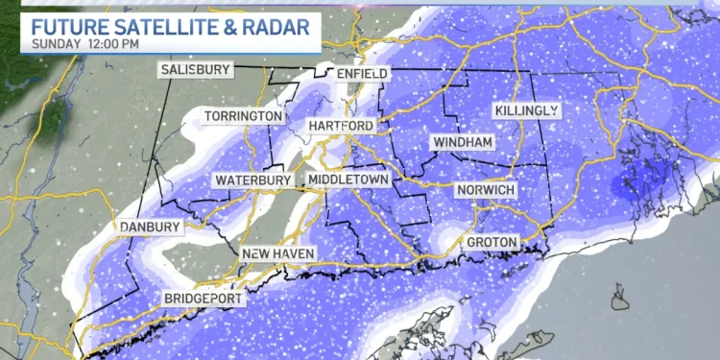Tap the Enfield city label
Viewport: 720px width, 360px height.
[362, 74]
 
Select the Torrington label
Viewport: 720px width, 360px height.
[244, 116]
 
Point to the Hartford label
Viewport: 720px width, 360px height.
[341, 126]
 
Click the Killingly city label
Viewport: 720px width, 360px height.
[526, 111]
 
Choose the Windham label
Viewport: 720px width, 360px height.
[463, 142]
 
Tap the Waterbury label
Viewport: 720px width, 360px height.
[252, 180]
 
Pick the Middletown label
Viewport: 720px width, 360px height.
[348, 180]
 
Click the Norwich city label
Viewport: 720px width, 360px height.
[486, 190]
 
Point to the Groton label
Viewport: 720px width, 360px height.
[492, 242]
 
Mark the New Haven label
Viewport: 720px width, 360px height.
[277, 253]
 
